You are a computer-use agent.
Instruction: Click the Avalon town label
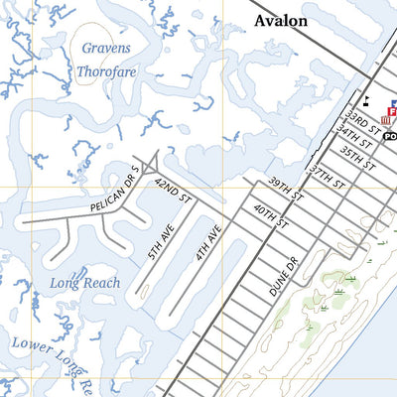(281, 20)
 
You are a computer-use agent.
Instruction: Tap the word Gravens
(106, 48)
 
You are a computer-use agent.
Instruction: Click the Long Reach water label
(85, 284)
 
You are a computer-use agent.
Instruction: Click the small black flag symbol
(366, 99)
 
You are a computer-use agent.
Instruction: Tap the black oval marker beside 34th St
(390, 136)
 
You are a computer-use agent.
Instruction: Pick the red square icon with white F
(393, 104)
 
